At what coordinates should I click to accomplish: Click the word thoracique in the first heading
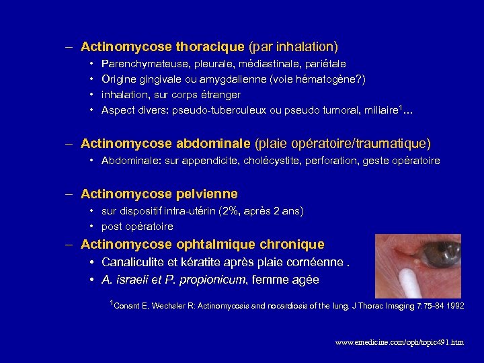tap(210, 47)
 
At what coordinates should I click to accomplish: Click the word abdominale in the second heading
tap(213, 144)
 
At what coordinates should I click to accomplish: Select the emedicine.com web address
tap(399, 342)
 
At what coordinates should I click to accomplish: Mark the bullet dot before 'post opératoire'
tap(92, 227)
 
